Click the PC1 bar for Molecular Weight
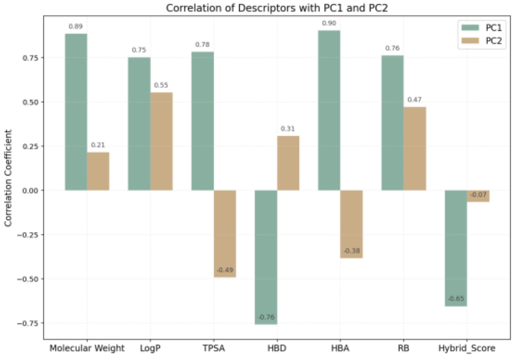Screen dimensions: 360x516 pos(76,112)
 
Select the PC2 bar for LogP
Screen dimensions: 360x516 pos(162,141)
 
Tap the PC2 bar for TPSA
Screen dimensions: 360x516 pos(225,234)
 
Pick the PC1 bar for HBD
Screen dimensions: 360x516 pos(266,257)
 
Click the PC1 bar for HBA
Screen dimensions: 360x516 pos(329,111)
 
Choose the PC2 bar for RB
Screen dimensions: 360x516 pos(415,149)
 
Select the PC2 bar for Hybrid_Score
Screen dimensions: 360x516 pos(478,196)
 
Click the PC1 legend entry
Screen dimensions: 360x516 pos(485,28)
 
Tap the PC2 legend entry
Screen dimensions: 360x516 pos(485,42)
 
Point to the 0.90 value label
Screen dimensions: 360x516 pos(329,23)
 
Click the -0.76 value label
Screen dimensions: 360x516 pos(266,317)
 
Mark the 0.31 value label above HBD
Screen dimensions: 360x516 pos(288,129)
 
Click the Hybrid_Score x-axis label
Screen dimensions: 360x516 pos(467,348)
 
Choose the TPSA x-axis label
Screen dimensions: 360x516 pos(214,348)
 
